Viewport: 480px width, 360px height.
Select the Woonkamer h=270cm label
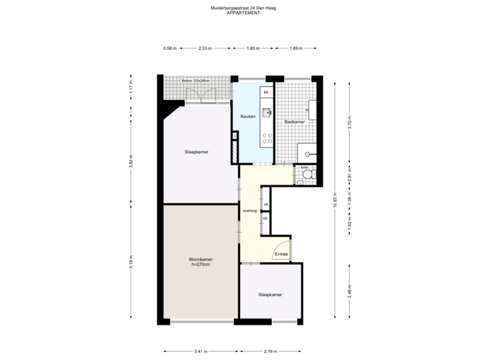tap(199, 261)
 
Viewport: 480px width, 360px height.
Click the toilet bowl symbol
tap(307, 175)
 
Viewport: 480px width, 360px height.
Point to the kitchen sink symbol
tap(267, 112)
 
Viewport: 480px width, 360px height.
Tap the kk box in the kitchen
tap(265, 91)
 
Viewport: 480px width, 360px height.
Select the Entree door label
tap(281, 254)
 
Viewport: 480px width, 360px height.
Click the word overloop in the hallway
tap(250, 211)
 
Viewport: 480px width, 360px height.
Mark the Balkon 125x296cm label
tap(196, 81)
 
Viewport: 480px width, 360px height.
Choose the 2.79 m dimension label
tap(271, 351)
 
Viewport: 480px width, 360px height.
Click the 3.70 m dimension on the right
tap(349, 123)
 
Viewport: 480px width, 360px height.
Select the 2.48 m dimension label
tap(349, 291)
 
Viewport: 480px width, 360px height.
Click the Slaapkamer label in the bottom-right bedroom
tap(270, 294)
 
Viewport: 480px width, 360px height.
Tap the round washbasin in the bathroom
tap(308, 153)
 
